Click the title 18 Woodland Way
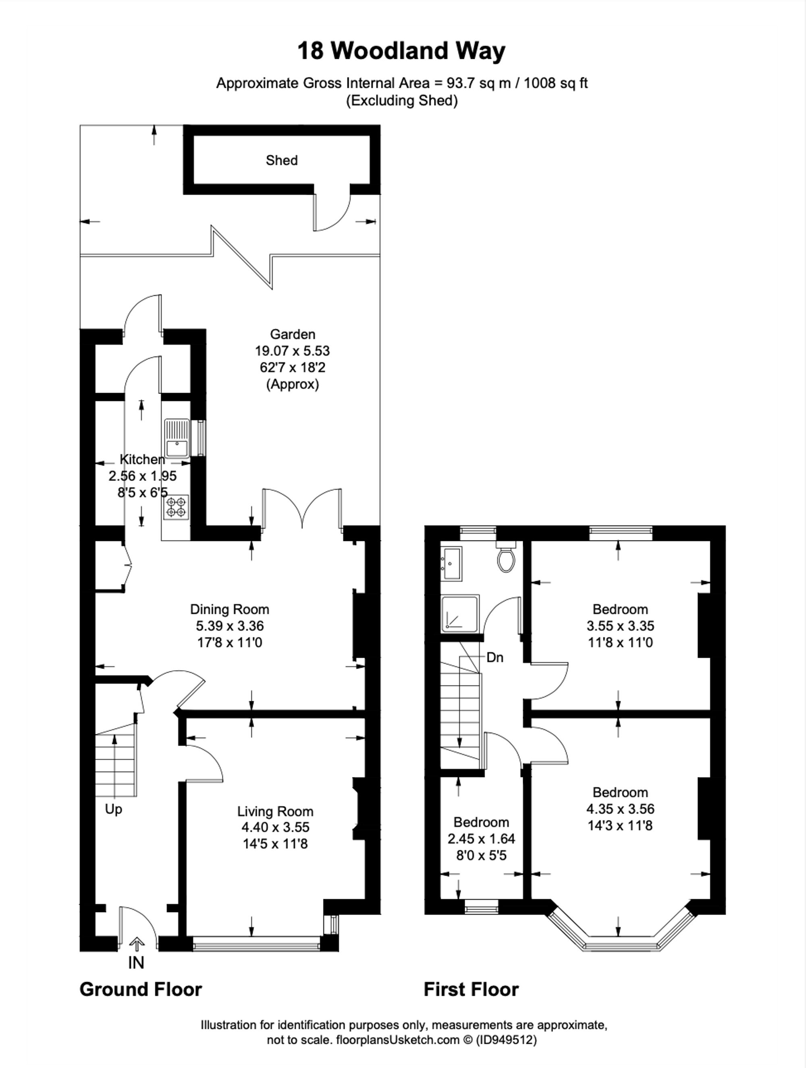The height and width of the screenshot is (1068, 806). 401,51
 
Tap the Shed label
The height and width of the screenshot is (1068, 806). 282,160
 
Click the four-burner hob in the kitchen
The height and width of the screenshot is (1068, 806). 176,507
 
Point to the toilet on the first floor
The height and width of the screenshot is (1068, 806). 507,558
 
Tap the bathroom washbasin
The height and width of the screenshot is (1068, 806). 451,563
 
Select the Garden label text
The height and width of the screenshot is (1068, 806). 292,334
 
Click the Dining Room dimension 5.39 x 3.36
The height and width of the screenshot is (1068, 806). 229,626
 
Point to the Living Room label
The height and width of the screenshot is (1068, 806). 275,812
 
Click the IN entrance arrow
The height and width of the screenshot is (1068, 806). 137,943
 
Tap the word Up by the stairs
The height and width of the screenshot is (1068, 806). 114,809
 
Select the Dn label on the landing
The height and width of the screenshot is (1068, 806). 494,658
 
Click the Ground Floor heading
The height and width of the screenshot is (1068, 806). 141,989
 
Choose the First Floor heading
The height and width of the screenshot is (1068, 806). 471,989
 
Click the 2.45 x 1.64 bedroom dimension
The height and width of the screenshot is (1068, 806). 481,839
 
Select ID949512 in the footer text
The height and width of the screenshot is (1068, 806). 507,1039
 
